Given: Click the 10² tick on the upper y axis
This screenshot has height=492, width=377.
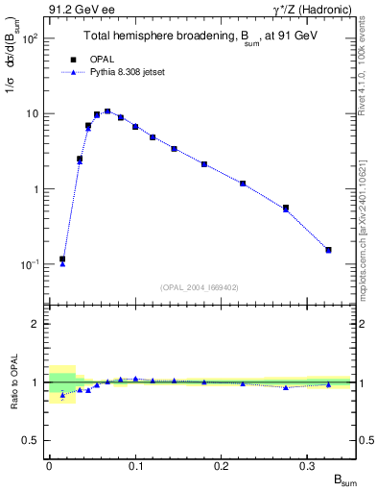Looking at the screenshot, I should (31, 38).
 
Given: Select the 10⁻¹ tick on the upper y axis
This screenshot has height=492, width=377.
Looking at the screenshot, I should (31, 264).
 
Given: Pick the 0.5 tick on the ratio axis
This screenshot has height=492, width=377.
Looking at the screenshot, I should (34, 440).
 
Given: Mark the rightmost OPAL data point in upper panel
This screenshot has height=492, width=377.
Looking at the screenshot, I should (328, 250).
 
